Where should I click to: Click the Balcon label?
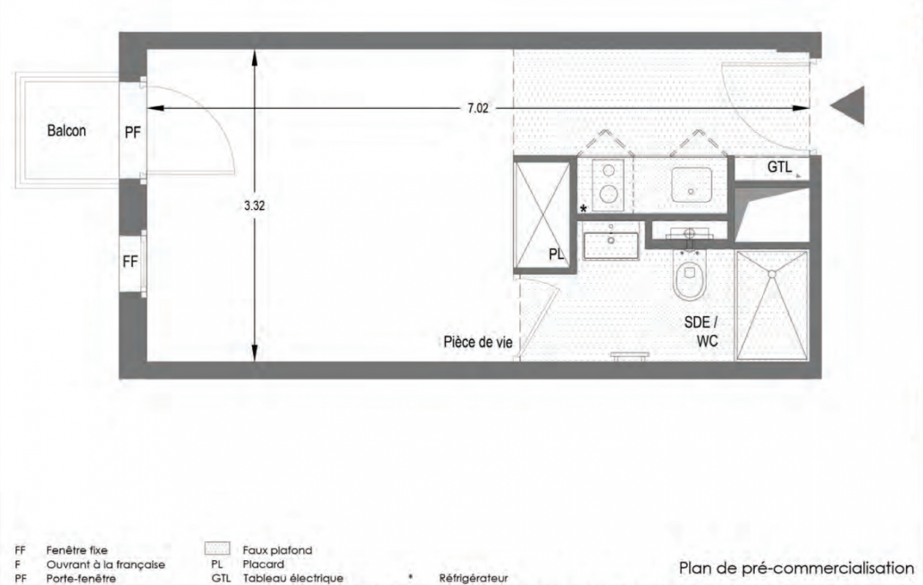coord(67,131)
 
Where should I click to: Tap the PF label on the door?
coord(133,132)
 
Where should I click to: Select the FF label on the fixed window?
coord(130,261)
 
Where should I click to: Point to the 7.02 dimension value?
coord(477,108)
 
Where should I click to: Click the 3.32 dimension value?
coord(254,205)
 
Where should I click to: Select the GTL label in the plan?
coord(779,167)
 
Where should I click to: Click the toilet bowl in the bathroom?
coord(689,274)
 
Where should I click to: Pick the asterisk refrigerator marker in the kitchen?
coord(583,208)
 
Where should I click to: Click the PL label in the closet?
coord(556,254)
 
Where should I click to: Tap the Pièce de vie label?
coord(478,342)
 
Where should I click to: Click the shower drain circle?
coord(772,274)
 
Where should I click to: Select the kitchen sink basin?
coord(691,185)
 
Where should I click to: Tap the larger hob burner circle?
coord(608,194)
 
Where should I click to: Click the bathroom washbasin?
coord(611,246)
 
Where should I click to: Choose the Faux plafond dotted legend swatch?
coord(217,548)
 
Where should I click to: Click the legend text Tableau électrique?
coord(293,578)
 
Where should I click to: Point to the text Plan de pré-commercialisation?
coord(796,567)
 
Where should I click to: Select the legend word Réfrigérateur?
coord(474,578)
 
